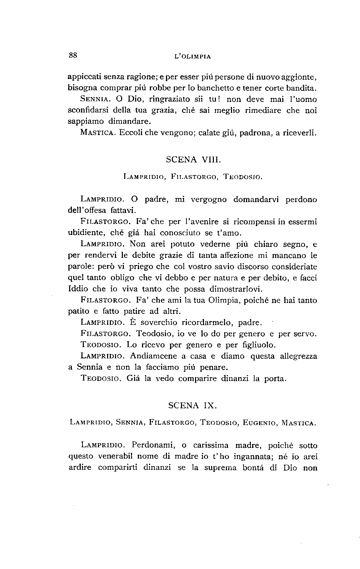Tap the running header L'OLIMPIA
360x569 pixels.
(x=192, y=57)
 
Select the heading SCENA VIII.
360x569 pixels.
(x=193, y=159)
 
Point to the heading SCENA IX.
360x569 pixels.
(x=193, y=406)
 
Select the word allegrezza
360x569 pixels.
(x=298, y=356)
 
